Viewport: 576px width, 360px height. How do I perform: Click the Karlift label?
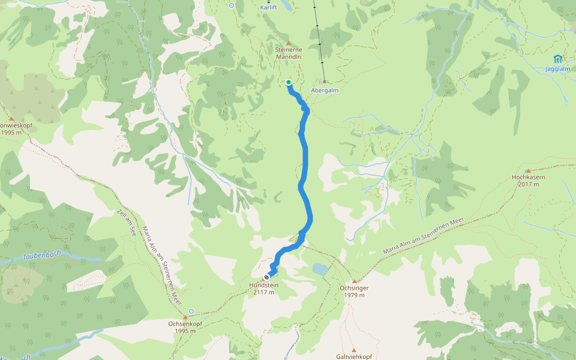point(269,7)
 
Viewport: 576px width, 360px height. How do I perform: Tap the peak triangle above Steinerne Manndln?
point(288,44)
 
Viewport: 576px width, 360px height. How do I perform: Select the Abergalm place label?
point(325,90)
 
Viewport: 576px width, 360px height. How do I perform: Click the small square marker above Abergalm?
point(325,82)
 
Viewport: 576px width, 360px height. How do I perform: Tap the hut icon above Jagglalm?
point(558,59)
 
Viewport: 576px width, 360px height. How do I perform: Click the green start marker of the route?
point(289,83)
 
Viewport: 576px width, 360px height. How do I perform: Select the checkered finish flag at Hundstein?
point(266,277)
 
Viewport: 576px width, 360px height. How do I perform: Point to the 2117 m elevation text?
point(263,293)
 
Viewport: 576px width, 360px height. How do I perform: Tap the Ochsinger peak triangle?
point(354,281)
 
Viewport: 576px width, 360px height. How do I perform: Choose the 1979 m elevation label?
point(354,295)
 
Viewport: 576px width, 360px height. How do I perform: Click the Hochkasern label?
point(528,178)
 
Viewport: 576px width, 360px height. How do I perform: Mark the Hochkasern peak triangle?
point(528,170)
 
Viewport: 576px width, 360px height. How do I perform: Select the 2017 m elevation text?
point(528,185)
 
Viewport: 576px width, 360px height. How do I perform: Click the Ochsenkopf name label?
point(185,323)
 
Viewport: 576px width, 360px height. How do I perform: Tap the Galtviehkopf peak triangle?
point(353,350)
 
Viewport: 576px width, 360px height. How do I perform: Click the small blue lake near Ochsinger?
point(320,269)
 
